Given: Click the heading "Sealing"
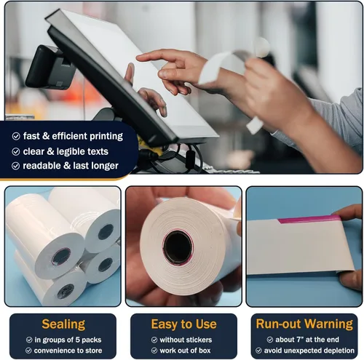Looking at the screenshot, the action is (x=63, y=324).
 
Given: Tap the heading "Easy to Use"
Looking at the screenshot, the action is (x=183, y=324).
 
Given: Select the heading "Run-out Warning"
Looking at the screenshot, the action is (x=304, y=324).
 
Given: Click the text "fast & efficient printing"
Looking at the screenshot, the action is (x=73, y=136).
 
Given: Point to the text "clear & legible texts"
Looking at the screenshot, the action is (x=66, y=151).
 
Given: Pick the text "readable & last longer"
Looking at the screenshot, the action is (x=71, y=166).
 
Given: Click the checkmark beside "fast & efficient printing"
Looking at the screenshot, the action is (x=16, y=136).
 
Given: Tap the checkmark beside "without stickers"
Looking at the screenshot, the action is (x=154, y=340).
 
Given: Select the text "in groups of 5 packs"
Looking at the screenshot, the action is (x=68, y=340).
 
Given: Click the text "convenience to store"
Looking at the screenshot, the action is (x=68, y=351).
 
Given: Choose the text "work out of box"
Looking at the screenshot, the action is (x=185, y=351).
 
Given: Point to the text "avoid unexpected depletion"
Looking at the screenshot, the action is (x=309, y=351).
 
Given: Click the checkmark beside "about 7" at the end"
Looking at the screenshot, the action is (x=270, y=340).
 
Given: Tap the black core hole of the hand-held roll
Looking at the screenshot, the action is (x=178, y=247).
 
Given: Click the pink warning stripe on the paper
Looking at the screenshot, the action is (x=309, y=219).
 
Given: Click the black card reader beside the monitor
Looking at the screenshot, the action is (x=50, y=68).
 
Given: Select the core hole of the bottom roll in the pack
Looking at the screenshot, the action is (x=66, y=291).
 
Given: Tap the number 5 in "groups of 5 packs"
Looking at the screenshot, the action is (x=77, y=340).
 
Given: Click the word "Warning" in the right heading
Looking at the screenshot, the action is (x=329, y=324).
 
